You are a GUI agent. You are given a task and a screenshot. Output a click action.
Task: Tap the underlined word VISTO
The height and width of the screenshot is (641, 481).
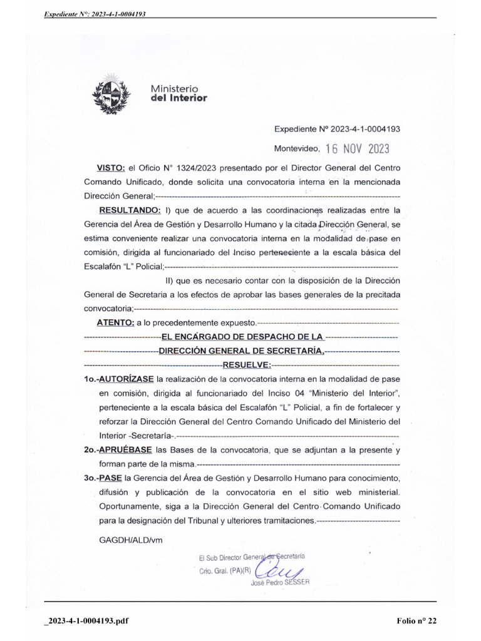tap(110, 168)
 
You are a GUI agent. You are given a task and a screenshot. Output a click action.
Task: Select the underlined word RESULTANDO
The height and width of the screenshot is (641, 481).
tap(130, 210)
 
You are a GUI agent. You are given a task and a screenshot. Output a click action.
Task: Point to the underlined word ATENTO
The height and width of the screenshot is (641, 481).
tap(115, 322)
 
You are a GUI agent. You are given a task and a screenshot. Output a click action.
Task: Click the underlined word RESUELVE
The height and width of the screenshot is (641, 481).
tap(247, 364)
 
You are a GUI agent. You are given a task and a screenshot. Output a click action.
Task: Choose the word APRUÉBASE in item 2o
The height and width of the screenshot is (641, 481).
tap(126, 449)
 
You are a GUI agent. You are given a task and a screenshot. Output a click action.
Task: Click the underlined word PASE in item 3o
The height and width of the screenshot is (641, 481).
tap(111, 478)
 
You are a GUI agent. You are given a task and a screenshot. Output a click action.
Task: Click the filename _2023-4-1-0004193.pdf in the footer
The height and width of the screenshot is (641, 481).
tap(86, 620)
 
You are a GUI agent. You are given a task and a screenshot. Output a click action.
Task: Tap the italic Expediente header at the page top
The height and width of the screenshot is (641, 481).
tap(95, 13)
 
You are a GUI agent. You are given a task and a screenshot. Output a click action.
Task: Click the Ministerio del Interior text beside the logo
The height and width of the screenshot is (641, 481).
tap(179, 93)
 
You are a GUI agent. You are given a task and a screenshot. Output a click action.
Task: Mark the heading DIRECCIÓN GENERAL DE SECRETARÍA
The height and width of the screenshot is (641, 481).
tap(241, 351)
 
